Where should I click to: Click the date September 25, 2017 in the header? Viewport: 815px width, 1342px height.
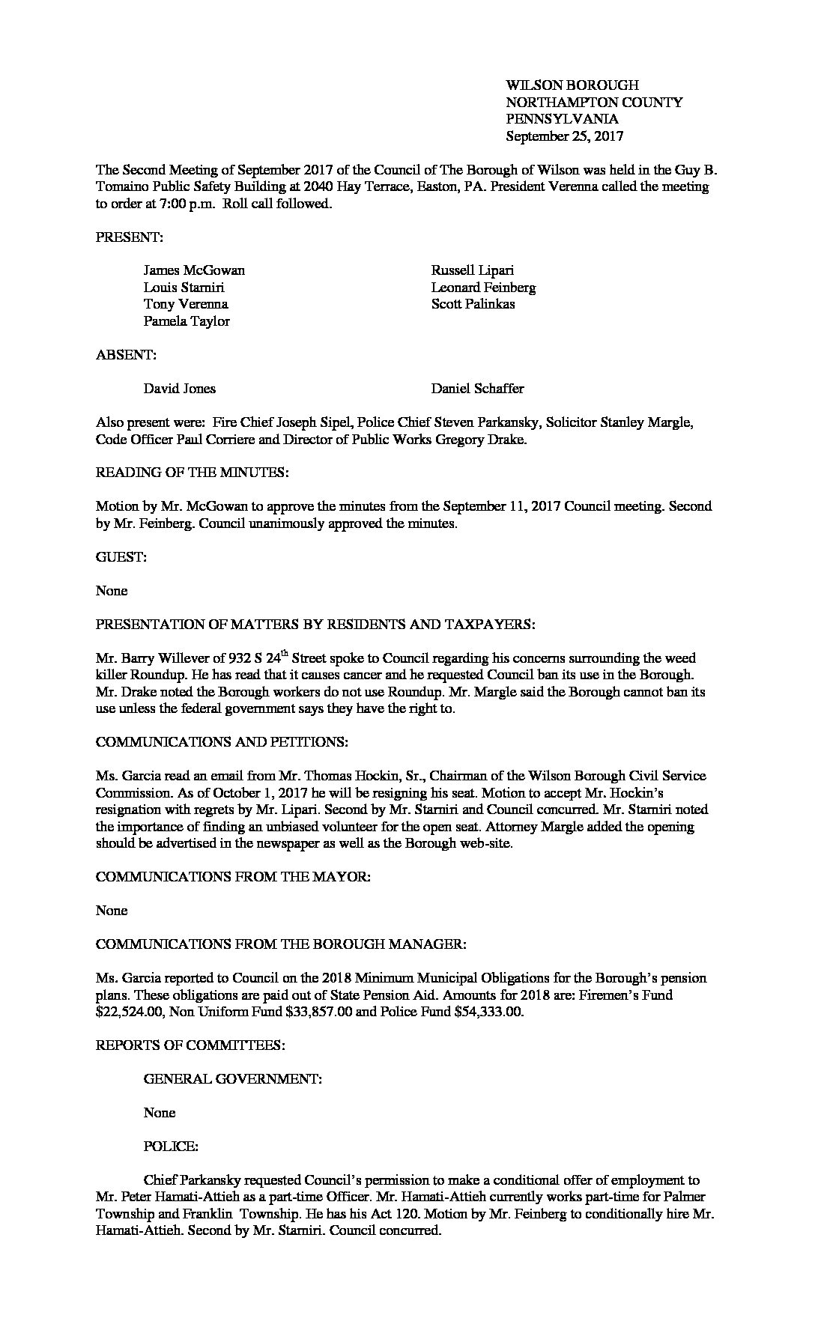[564, 136]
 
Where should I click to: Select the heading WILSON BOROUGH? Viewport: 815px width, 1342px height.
[572, 85]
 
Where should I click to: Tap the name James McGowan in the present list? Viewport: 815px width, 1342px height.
[194, 270]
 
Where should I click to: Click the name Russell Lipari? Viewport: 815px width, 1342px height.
[472, 270]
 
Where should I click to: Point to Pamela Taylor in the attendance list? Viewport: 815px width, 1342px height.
[187, 321]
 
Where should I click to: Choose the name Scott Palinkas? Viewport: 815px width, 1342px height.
[473, 304]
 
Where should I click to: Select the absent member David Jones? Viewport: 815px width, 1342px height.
[179, 389]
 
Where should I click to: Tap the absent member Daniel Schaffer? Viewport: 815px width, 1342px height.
[477, 389]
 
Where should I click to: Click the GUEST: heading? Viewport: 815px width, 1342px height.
[121, 557]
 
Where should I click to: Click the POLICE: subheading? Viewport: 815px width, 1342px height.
[171, 1147]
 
